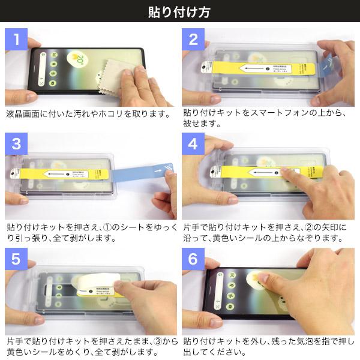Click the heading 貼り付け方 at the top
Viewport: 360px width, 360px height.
click(x=179, y=11)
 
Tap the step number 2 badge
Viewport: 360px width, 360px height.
click(x=193, y=40)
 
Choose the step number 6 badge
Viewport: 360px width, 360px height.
click(x=193, y=259)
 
